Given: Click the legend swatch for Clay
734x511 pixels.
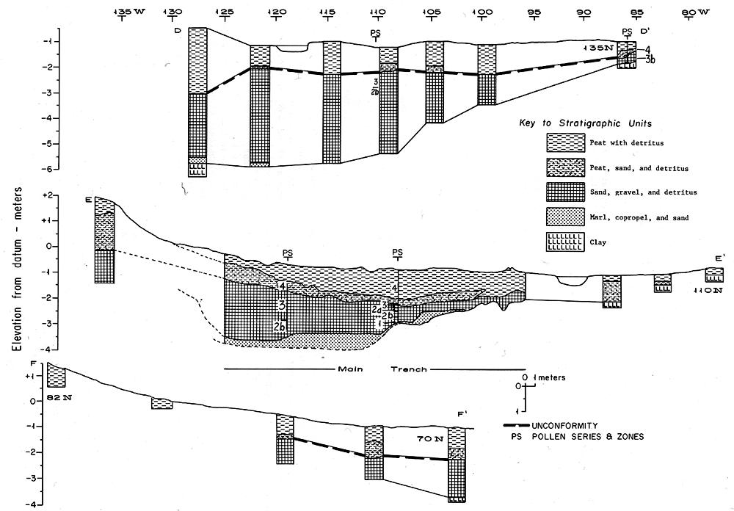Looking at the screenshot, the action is pyautogui.click(x=565, y=242).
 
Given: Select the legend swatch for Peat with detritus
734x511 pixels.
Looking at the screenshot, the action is pyautogui.click(x=565, y=142).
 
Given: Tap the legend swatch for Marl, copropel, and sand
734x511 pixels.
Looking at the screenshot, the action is pyautogui.click(x=565, y=217).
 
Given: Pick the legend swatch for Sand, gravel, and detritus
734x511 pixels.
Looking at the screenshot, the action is pyautogui.click(x=565, y=192).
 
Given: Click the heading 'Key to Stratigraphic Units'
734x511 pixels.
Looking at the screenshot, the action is pyautogui.click(x=585, y=123).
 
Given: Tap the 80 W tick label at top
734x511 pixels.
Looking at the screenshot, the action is pyautogui.click(x=696, y=12).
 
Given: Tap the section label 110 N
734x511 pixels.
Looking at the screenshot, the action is pyautogui.click(x=708, y=291).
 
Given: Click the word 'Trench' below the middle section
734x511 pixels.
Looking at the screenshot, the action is pyautogui.click(x=409, y=369).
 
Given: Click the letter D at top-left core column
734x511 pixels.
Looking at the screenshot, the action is pyautogui.click(x=178, y=31).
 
